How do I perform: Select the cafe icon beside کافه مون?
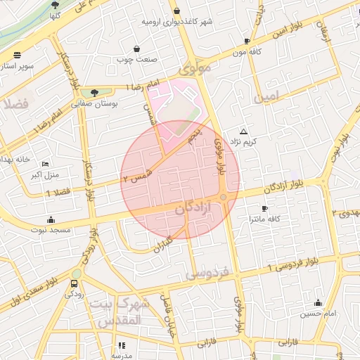(x=247, y=41)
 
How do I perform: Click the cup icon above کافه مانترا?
(x=264, y=208)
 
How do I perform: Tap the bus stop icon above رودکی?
(x=75, y=283)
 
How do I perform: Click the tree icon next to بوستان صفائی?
(x=95, y=91)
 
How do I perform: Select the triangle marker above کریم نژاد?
(x=244, y=131)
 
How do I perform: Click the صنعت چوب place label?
(x=136, y=59)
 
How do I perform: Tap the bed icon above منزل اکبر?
(x=46, y=163)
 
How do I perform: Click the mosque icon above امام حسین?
(x=319, y=303)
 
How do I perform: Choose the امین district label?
(x=267, y=94)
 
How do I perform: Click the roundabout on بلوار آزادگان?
(x=224, y=198)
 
